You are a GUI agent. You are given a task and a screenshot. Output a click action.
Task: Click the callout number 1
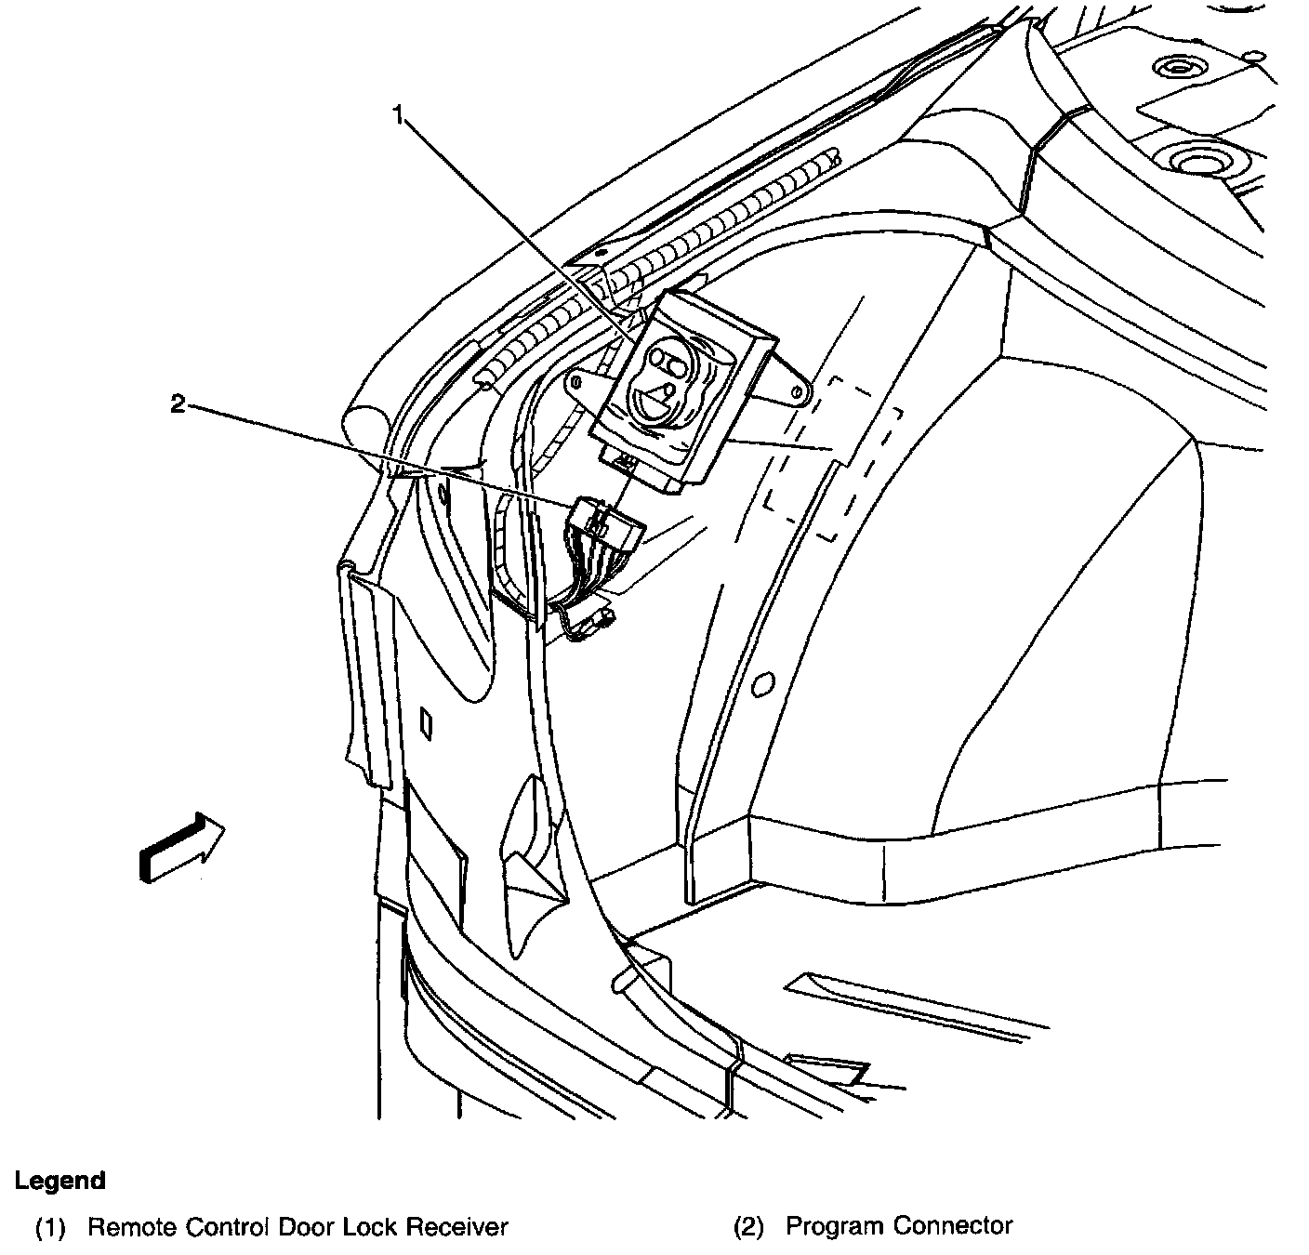click(x=399, y=116)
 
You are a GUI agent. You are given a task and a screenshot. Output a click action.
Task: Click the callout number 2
click(x=178, y=403)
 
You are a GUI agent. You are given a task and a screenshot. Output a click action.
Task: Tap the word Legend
click(x=60, y=1181)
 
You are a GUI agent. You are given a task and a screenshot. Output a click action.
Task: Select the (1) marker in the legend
click(x=51, y=1227)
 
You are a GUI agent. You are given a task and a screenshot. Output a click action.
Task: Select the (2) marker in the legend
click(x=748, y=1227)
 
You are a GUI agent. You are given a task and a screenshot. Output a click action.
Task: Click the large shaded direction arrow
click(x=180, y=847)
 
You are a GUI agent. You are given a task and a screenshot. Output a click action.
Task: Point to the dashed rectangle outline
click(x=832, y=456)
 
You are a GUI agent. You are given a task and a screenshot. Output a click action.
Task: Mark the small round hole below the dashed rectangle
click(x=761, y=684)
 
